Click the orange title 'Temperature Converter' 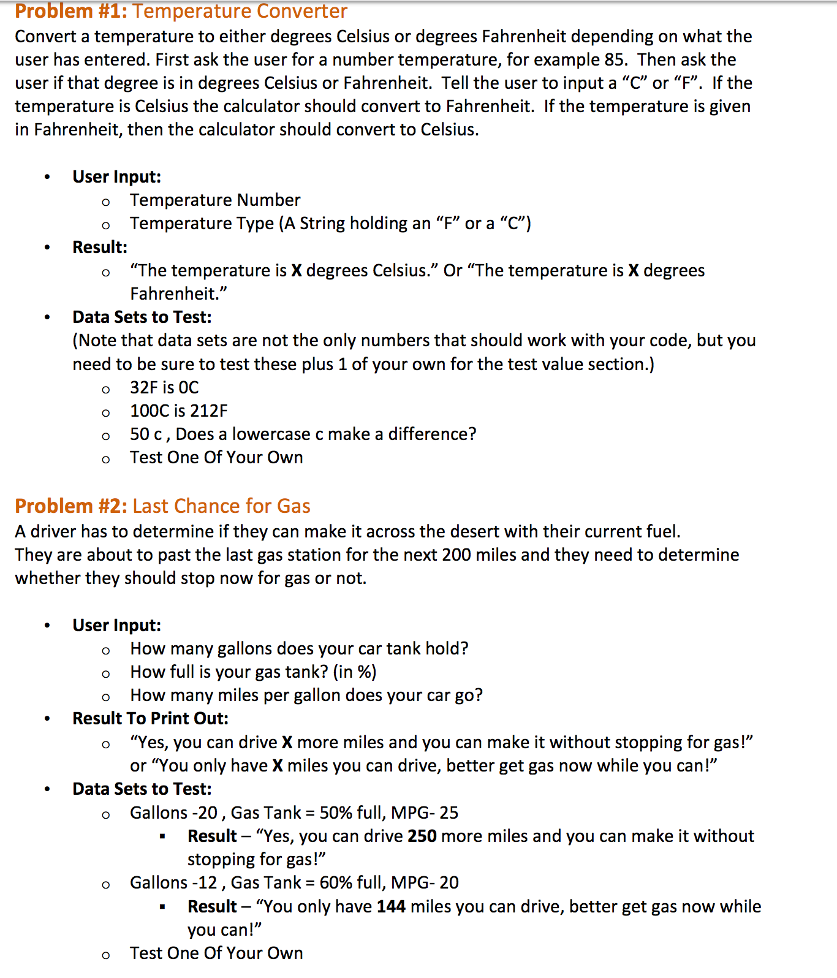click(240, 11)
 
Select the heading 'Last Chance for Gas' click(221, 506)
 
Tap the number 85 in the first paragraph click(615, 60)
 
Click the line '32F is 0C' click(164, 388)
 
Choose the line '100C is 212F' click(178, 411)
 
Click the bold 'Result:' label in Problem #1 click(100, 248)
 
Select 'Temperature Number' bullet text click(215, 200)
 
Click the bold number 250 click(422, 836)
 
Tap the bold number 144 click(391, 907)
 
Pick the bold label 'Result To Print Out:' click(150, 719)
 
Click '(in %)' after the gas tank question click(355, 672)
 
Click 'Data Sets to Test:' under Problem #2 click(142, 789)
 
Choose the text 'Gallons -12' click(173, 883)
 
